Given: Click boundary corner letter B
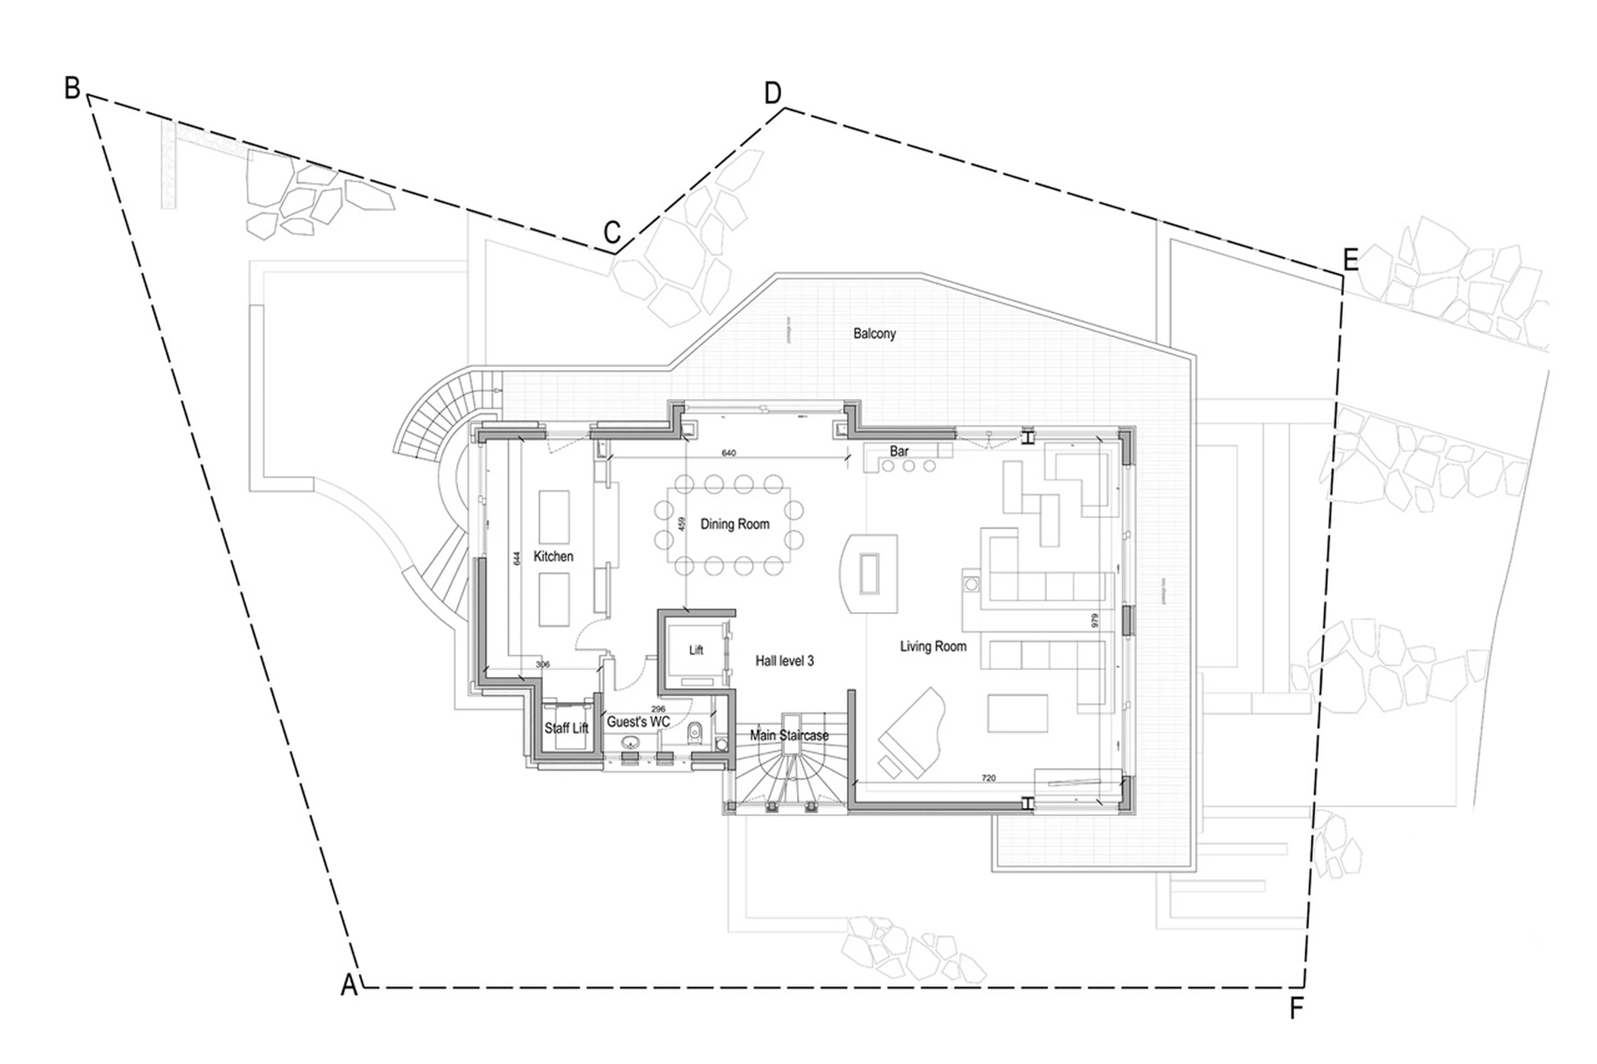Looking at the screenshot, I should pyautogui.click(x=72, y=88).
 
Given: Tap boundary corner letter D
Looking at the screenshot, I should pyautogui.click(x=772, y=93).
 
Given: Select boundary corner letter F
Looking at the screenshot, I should pyautogui.click(x=1296, y=1009).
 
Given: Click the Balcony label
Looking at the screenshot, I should pyautogui.click(x=874, y=333).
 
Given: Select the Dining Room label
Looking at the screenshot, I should pyautogui.click(x=734, y=524).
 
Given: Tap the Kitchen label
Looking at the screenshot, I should pyautogui.click(x=553, y=556).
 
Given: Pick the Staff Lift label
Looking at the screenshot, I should pyautogui.click(x=566, y=728).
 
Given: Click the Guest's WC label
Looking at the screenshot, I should pyautogui.click(x=638, y=721).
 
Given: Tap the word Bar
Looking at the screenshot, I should pyautogui.click(x=899, y=451).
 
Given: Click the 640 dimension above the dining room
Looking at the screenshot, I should pyautogui.click(x=728, y=453).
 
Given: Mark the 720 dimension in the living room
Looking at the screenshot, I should pyautogui.click(x=988, y=778).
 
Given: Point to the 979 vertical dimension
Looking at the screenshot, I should pyautogui.click(x=1094, y=620).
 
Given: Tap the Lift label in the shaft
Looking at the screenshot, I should pyautogui.click(x=696, y=650).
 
